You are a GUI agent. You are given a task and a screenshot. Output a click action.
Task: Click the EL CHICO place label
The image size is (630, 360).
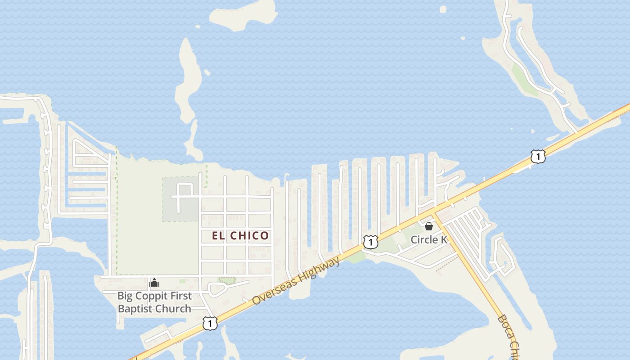click(240, 235)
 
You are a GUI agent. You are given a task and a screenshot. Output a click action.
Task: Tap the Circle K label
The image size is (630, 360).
click(429, 239)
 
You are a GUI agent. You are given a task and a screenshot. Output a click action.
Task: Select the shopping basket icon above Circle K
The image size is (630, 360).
click(429, 226)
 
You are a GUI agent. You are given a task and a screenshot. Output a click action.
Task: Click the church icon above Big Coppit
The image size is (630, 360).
click(154, 283)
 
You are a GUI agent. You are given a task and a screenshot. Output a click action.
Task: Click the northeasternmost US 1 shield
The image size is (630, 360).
click(538, 156)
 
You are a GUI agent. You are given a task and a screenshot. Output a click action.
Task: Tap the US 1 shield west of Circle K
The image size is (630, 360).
click(370, 242)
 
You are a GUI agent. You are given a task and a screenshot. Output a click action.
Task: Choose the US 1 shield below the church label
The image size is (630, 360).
click(210, 323)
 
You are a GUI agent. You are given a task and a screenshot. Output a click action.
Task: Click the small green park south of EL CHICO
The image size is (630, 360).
click(227, 280)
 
